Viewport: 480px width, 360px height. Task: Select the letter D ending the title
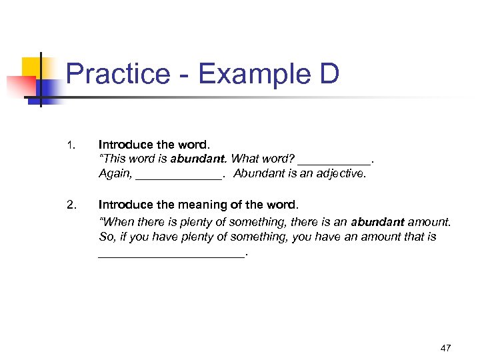tap(329, 75)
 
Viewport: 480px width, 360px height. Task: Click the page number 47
tap(446, 347)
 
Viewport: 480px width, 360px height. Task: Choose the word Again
tap(115, 174)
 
